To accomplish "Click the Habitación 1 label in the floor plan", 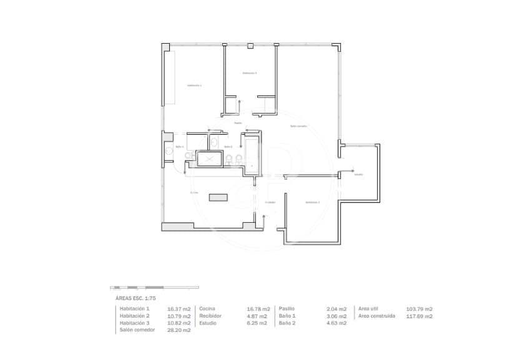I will click(194, 85).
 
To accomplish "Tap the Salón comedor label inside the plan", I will click(298, 127).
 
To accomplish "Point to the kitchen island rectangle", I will click(218, 197).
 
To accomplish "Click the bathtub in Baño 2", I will click(252, 156).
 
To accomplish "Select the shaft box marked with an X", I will click(209, 159).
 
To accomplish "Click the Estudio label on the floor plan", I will click(358, 174).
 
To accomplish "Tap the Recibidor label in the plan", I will click(270, 202).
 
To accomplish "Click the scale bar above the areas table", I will click(154, 288).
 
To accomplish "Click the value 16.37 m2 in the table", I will click(179, 309).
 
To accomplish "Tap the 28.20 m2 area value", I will click(179, 330).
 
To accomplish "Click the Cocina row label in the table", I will click(208, 309).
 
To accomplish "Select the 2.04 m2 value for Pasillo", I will click(336, 309).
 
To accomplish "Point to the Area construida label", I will click(376, 316).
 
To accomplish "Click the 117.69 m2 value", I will click(420, 316).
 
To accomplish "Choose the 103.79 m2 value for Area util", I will click(420, 309).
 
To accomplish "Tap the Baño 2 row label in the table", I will click(287, 323).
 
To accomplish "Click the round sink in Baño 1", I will click(168, 152).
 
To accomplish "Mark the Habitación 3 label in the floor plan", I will click(312, 202).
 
